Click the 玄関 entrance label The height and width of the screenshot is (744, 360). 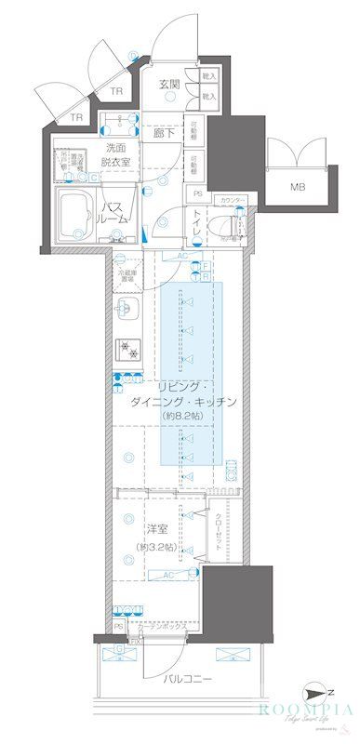coord(168,84)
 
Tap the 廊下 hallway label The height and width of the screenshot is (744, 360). coord(167,133)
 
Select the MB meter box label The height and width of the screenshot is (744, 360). coord(298,187)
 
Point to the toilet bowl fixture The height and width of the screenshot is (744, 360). coord(222,224)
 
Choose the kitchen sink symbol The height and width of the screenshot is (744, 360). coord(127,310)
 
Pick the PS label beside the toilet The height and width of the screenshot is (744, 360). coord(197,193)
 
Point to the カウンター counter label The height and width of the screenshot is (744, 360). coord(233,200)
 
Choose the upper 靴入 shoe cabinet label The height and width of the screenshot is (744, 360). coord(209,76)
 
